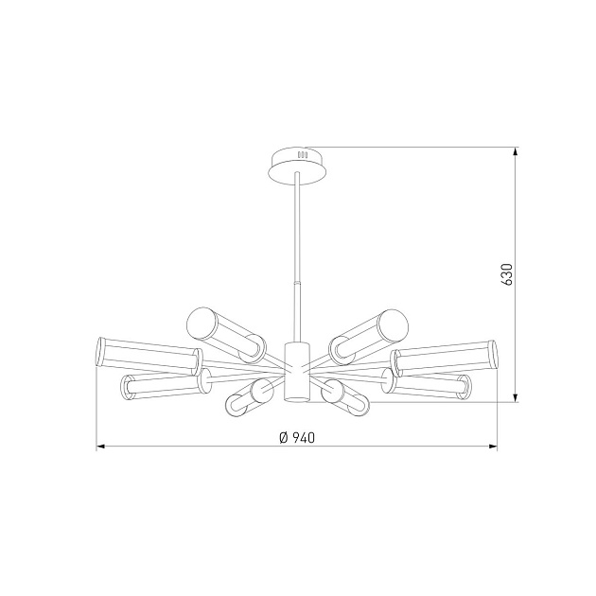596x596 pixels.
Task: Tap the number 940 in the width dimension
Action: tap(303, 437)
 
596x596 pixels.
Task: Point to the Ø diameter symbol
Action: tap(283, 437)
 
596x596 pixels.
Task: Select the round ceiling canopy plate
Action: tap(296, 162)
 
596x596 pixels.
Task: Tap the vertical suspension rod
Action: tap(297, 227)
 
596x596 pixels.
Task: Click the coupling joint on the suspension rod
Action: tap(297, 286)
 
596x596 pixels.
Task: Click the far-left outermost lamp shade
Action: tap(147, 354)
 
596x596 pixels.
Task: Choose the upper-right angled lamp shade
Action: tap(370, 332)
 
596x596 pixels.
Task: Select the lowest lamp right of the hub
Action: tap(345, 394)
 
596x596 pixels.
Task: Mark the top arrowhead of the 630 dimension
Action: tap(516, 151)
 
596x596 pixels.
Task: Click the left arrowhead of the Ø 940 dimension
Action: tap(100, 447)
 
